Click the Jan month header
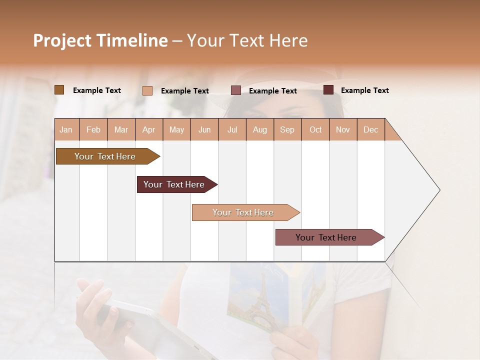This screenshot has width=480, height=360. pyautogui.click(x=66, y=129)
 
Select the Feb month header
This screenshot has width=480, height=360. pyautogui.click(x=93, y=129)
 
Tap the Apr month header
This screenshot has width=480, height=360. pyautogui.click(x=148, y=129)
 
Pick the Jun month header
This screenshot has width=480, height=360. pyautogui.click(x=204, y=129)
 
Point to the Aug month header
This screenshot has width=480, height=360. pyautogui.click(x=259, y=129)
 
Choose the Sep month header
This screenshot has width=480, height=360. pyautogui.click(x=287, y=129)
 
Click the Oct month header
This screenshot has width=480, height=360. pyautogui.click(x=315, y=129)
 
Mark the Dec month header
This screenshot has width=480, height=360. pyautogui.click(x=370, y=129)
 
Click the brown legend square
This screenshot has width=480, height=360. pyautogui.click(x=59, y=90)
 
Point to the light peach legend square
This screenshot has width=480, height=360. pyautogui.click(x=147, y=90)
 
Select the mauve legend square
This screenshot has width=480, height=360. pyautogui.click(x=236, y=90)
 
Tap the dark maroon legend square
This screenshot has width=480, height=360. pyautogui.click(x=328, y=90)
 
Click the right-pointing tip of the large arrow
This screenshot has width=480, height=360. pyautogui.click(x=438, y=190)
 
